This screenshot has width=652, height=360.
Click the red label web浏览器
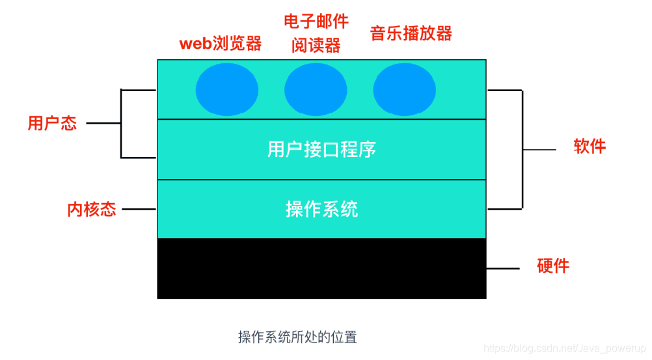(x=221, y=44)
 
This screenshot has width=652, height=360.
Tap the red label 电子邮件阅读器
(x=316, y=33)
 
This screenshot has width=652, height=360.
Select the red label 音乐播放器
(x=411, y=33)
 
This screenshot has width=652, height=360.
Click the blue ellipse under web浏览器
(x=227, y=90)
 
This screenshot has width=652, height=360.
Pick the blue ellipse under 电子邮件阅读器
(x=316, y=90)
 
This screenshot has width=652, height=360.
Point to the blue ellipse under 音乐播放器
(x=404, y=90)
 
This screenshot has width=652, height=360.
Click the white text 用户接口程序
(x=321, y=149)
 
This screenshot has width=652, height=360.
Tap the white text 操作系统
(x=321, y=209)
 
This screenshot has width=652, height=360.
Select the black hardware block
(x=321, y=268)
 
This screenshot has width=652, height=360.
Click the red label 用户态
(x=52, y=123)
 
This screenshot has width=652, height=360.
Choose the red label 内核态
(x=92, y=210)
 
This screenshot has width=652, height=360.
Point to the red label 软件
(x=590, y=146)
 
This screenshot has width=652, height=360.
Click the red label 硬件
(x=553, y=266)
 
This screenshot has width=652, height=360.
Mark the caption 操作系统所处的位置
(x=297, y=337)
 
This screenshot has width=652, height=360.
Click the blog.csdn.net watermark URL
(x=565, y=350)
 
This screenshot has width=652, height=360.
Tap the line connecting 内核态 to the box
(x=139, y=210)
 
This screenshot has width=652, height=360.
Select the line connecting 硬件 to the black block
(x=502, y=268)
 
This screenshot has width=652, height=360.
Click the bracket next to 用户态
(x=121, y=123)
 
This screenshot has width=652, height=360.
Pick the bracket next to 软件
(x=523, y=150)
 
